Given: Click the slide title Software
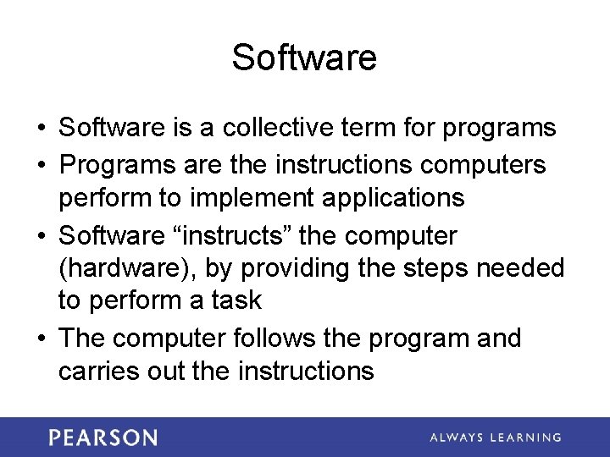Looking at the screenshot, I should point(304,58).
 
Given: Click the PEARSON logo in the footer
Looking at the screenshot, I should point(103,438).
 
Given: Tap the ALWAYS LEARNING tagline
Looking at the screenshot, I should point(495,438).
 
